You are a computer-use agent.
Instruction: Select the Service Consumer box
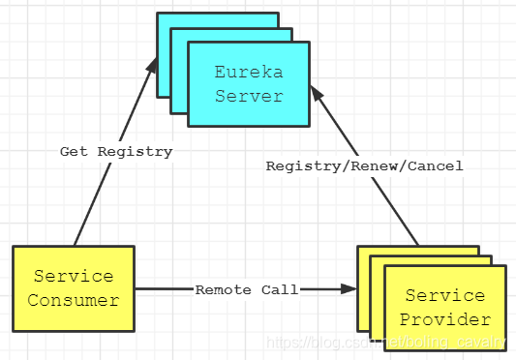point(73,288)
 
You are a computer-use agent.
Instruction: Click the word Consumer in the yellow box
point(73,300)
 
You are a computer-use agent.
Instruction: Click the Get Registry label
point(116,152)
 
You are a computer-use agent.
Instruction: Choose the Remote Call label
point(247,289)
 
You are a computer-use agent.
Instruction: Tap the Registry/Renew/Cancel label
point(365,166)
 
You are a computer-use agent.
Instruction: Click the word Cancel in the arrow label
point(436,166)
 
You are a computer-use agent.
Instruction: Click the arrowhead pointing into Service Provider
point(349,288)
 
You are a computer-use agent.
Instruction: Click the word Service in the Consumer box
point(73,277)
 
